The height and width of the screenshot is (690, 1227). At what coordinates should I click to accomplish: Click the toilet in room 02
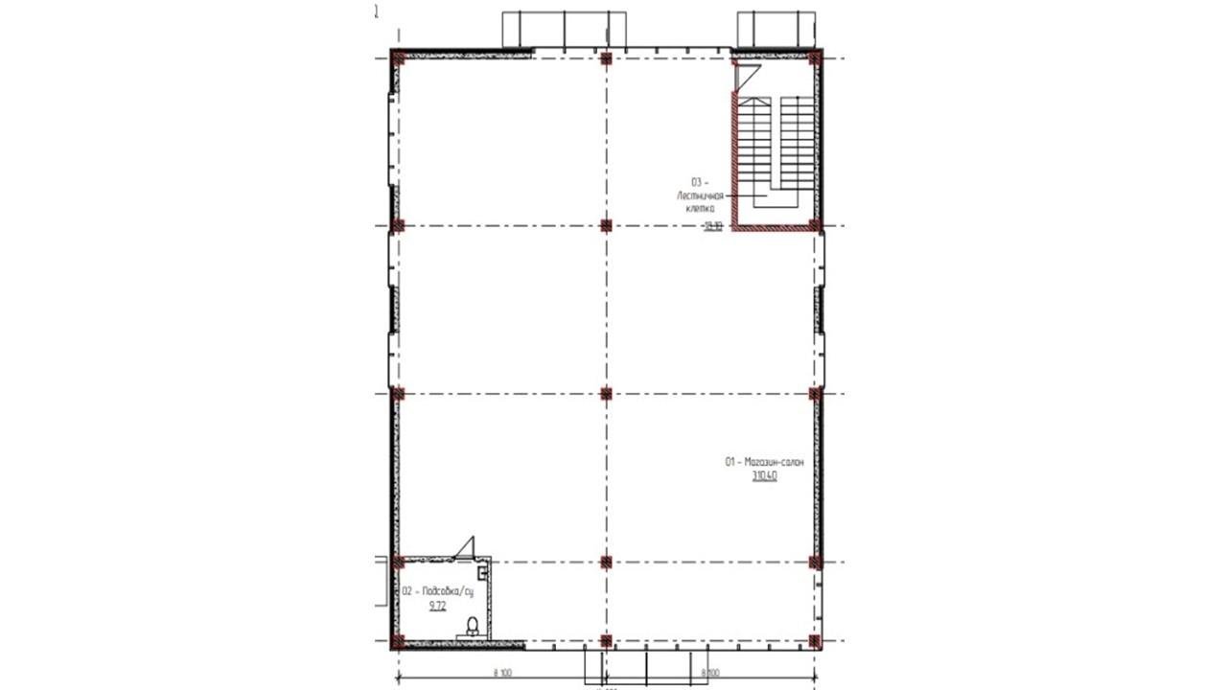coord(472,628)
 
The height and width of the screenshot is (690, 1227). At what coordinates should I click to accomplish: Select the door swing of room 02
coord(467,546)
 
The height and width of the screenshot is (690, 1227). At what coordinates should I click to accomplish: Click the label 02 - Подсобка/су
coord(437,591)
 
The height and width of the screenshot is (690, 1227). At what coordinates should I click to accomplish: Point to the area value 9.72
coord(437,606)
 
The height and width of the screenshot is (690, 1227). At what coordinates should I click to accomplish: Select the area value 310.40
coord(764,475)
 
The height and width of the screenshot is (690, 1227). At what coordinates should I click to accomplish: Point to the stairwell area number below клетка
coord(711,226)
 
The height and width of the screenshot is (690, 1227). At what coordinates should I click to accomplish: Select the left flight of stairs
coord(753,144)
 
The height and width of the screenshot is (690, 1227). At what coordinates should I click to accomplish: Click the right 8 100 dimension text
coord(710,673)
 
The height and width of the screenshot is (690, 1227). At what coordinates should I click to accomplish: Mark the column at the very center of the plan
coord(606,393)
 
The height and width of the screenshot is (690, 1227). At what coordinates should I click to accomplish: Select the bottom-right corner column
coord(815,641)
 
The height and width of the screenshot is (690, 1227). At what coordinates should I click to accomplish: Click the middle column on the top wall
coord(606,58)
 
